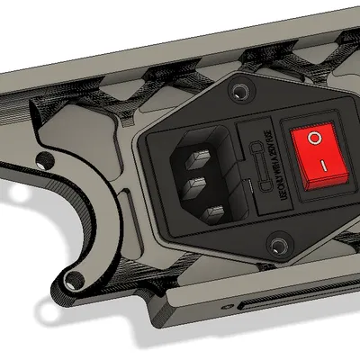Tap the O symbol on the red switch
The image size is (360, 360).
tap(314, 139)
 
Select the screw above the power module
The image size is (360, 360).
tap(238, 93)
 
